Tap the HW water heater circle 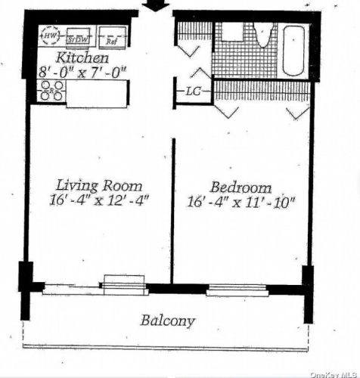pyautogui.click(x=51, y=36)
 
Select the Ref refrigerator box pyautogui.click(x=110, y=38)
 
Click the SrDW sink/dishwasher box pyautogui.click(x=76, y=38)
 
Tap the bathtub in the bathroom pyautogui.click(x=295, y=50)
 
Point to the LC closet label pyautogui.click(x=193, y=91)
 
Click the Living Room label pyautogui.click(x=100, y=185)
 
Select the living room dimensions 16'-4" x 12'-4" pyautogui.click(x=100, y=200)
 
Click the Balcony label pyautogui.click(x=167, y=321)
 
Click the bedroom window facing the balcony pyautogui.click(x=237, y=289)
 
